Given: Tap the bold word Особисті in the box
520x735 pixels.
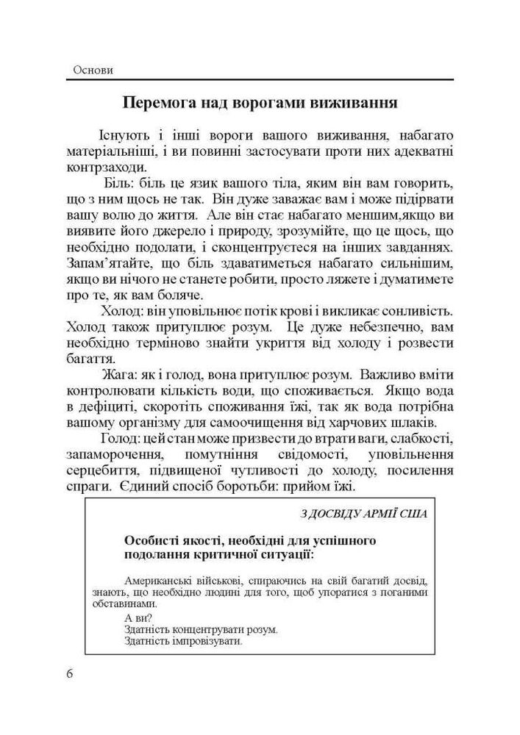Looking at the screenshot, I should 152,541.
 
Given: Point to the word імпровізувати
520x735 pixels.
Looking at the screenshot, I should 207,641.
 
